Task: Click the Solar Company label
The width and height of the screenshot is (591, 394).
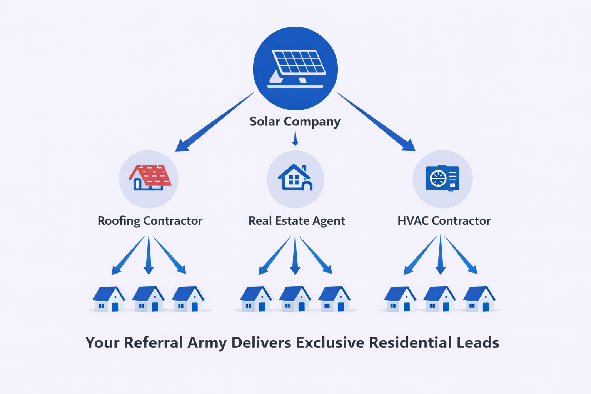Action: pyautogui.click(x=295, y=122)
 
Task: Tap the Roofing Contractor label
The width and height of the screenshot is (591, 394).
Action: pyautogui.click(x=150, y=221)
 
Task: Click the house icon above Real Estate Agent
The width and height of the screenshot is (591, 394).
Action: pyautogui.click(x=295, y=178)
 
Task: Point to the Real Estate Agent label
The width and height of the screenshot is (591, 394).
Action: pyautogui.click(x=297, y=221)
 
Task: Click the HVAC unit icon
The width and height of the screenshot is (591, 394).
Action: pyautogui.click(x=442, y=178)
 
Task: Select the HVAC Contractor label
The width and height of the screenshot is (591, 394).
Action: pyautogui.click(x=444, y=221)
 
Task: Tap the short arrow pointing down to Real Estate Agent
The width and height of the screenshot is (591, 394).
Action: pyautogui.click(x=295, y=138)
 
